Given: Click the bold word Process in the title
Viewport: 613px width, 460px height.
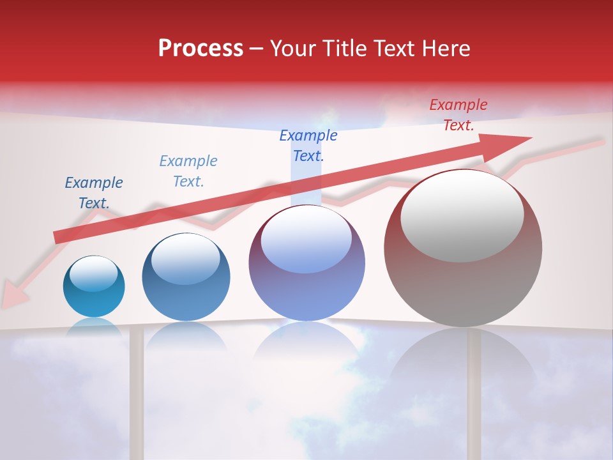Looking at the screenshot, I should (x=201, y=49).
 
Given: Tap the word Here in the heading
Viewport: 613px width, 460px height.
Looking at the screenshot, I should (x=445, y=49).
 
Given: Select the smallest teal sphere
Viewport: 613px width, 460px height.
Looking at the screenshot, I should (x=94, y=287).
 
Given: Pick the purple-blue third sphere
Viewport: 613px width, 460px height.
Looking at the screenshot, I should (x=306, y=263).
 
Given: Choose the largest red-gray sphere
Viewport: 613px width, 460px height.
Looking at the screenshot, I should (x=463, y=248).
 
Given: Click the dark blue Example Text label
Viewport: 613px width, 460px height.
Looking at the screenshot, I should (x=94, y=193).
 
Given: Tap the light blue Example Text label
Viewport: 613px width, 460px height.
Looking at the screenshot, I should (x=188, y=171).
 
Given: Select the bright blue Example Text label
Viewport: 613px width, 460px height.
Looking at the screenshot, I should (x=308, y=146).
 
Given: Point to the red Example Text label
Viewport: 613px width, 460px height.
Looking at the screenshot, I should (x=458, y=115).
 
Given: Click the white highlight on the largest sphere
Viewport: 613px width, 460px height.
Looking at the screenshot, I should (x=462, y=216).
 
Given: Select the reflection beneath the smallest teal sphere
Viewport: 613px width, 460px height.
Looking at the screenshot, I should (x=94, y=326).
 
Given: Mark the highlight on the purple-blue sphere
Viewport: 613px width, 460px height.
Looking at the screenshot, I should (x=306, y=239).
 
